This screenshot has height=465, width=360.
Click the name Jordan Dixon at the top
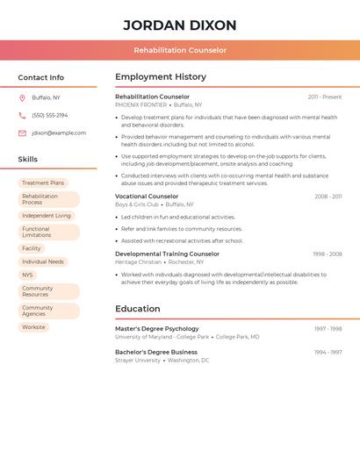180,25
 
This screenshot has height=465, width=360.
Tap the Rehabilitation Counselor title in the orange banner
180,50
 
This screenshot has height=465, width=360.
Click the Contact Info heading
40,77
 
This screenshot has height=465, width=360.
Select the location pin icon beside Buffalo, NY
22,97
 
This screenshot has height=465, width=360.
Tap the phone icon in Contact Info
22,115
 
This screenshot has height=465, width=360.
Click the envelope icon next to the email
22,133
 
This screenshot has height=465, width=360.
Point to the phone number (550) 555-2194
50,115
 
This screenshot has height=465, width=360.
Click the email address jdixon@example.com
59,133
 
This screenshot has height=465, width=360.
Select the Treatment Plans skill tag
43,182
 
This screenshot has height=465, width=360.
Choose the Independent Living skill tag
47,215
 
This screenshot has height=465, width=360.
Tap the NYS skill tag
27,275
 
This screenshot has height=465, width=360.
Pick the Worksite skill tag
33,327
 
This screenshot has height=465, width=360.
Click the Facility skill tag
32,248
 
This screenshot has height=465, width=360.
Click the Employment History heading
161,77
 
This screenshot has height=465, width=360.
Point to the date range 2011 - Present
325,97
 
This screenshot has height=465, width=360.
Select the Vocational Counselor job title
147,197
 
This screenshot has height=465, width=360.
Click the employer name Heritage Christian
139,261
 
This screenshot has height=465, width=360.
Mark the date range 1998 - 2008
328,254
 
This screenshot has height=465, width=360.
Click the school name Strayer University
138,360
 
